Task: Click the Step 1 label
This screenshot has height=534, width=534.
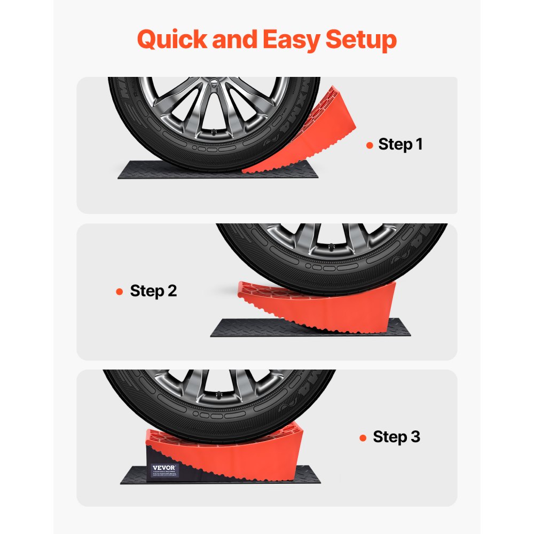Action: (x=400, y=144)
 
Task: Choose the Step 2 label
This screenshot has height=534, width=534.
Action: (x=153, y=291)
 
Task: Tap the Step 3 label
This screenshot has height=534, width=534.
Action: (x=396, y=437)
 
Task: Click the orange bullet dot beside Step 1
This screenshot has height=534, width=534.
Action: (x=370, y=145)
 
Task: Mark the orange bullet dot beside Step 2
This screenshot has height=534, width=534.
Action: (x=120, y=292)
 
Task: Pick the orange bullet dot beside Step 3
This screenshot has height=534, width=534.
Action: (x=363, y=437)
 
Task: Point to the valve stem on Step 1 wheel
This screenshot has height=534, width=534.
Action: (x=216, y=131)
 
